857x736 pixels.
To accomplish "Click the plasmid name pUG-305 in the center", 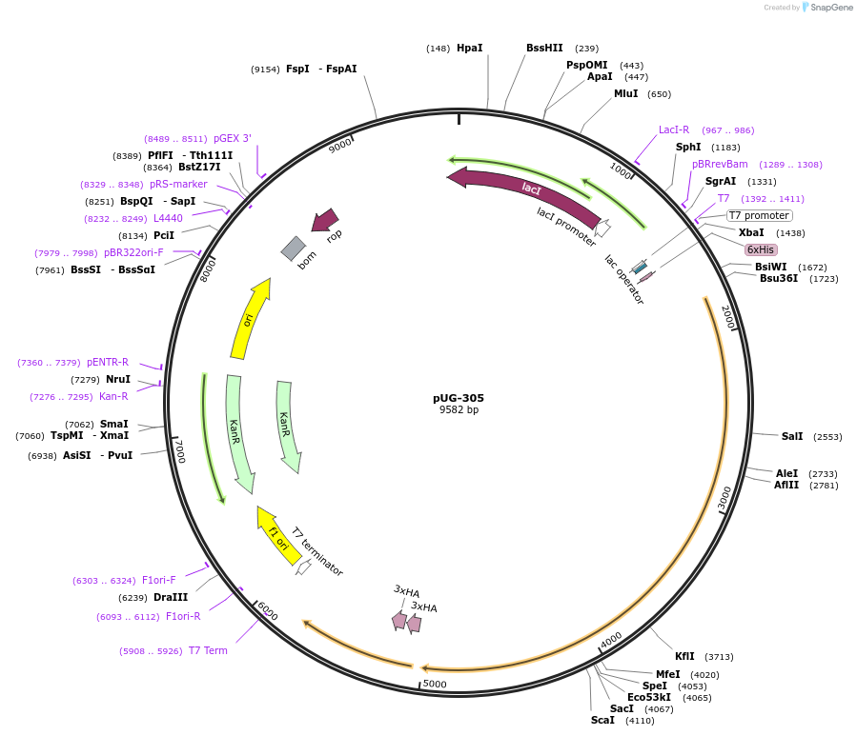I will [x=459, y=398].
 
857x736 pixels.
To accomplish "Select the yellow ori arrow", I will [x=249, y=319].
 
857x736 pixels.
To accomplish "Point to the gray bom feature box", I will [x=293, y=249].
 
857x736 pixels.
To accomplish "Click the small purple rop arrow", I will [x=326, y=221].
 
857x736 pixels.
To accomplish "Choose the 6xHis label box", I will [x=761, y=249].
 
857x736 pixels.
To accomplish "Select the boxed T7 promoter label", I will [x=759, y=215].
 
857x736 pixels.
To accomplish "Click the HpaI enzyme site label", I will [x=469, y=48].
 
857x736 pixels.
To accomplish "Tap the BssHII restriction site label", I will [x=544, y=48].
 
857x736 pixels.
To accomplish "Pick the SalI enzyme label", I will [x=792, y=436].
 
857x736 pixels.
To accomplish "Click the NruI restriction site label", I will [x=118, y=379].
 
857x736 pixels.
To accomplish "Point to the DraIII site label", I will [x=171, y=597].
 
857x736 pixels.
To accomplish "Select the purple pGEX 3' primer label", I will [x=233, y=138].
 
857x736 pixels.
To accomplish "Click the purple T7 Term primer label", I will [x=208, y=650].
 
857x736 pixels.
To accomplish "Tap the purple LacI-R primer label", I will [x=674, y=129].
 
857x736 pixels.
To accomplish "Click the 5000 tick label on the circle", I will [x=435, y=684].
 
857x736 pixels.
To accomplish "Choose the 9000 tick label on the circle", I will [x=340, y=147].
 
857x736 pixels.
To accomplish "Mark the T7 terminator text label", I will [x=317, y=551].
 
